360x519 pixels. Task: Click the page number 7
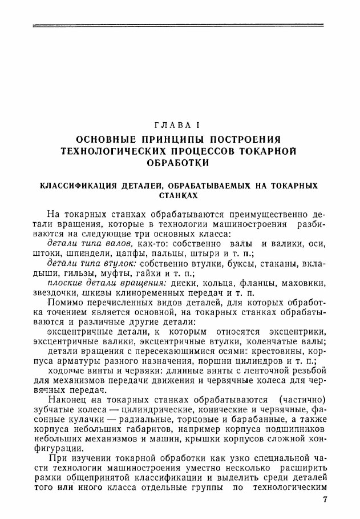tap(324, 500)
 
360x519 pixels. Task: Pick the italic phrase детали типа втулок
tap(91, 261)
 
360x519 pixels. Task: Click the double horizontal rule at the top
tap(179, 25)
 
